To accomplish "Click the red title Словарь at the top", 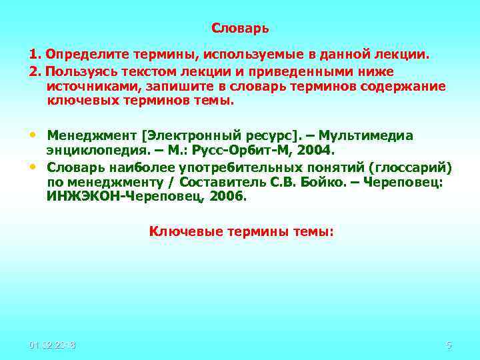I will pos(240,29).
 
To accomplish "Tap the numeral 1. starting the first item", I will pos(35,53).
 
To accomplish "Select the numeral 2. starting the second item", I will pos(35,71).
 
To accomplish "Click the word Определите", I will pos(82,53).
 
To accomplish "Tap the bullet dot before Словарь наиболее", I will pos(33,165).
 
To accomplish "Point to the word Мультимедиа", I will pos(371,135).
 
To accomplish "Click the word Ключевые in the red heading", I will pos(177,231).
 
